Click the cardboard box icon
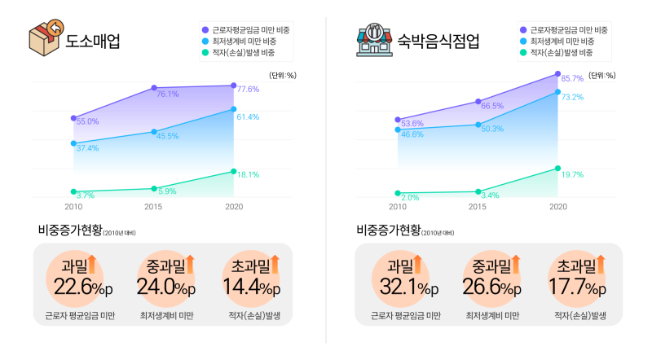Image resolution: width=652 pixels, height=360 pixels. coord(45,37)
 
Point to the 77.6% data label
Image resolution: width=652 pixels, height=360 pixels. coord(248,89)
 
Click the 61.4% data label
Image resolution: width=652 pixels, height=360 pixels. coord(248,116)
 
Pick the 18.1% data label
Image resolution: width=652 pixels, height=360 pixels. coord(248,174)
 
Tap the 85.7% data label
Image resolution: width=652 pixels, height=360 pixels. coord(572,78)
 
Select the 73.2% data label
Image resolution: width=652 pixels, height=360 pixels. coord(572,97)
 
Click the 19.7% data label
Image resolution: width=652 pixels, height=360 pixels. coord(572,174)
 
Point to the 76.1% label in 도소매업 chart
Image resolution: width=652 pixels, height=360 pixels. coord(167,94)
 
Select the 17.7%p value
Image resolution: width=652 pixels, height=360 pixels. coord(579,287)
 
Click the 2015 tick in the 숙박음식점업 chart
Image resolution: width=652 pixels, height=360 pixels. coord(478,208)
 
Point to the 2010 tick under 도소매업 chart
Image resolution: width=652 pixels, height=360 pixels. coord(73,208)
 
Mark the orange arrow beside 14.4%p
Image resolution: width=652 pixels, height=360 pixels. coord(275,263)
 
